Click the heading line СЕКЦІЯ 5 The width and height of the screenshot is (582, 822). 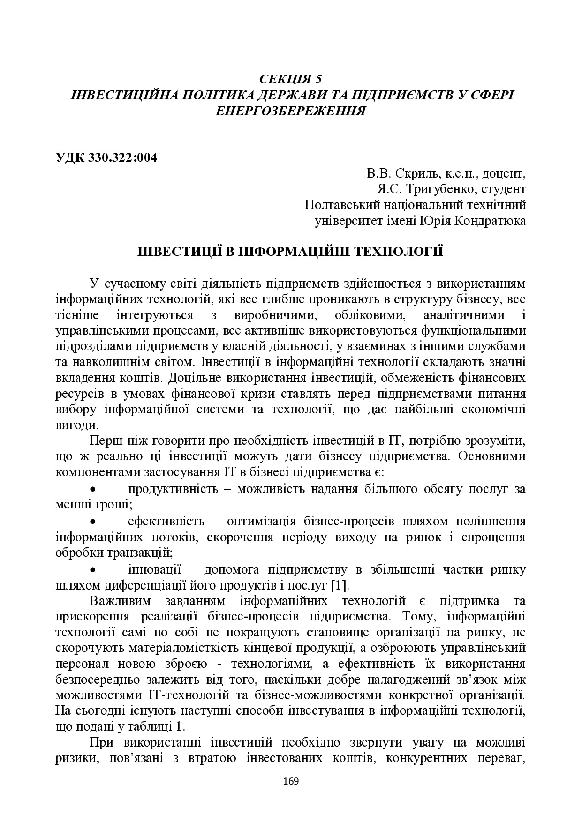click(291, 78)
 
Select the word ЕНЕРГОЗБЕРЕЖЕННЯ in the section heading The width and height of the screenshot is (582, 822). click(291, 111)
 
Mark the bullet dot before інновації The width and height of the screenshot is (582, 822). click(93, 570)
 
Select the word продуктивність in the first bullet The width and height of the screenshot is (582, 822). click(173, 489)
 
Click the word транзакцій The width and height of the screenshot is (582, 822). click(141, 552)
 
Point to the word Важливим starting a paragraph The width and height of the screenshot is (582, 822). click(117, 601)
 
